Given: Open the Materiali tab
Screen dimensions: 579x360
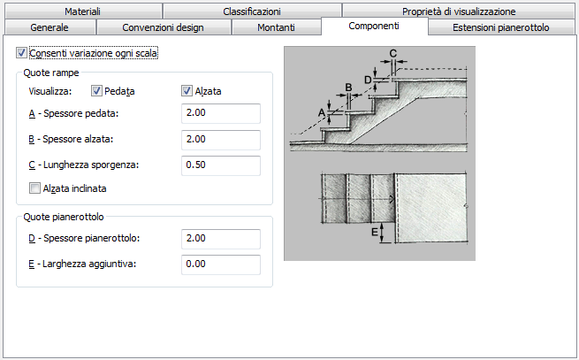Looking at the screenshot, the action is pyautogui.click(x=83, y=11).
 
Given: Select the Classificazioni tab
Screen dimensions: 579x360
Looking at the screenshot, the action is pyautogui.click(x=252, y=11).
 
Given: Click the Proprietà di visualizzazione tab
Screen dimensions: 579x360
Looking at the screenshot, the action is pyautogui.click(x=459, y=11).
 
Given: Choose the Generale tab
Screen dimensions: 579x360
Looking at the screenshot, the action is pyautogui.click(x=50, y=27).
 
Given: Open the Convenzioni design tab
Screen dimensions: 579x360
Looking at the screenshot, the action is pyautogui.click(x=163, y=27).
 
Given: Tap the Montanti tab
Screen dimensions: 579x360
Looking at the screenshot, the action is pyautogui.click(x=276, y=27).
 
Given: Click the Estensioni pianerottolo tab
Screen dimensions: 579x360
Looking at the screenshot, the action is pyautogui.click(x=500, y=27).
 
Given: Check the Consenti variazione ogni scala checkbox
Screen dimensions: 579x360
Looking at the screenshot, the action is pyautogui.click(x=21, y=53).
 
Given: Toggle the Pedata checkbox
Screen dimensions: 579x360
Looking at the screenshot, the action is pyautogui.click(x=96, y=91).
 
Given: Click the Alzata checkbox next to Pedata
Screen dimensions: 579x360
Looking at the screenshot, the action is pyautogui.click(x=187, y=91).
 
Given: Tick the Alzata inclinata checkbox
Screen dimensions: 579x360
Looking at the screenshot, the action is pyautogui.click(x=34, y=188).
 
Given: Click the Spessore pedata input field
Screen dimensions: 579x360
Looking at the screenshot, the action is pyautogui.click(x=221, y=113).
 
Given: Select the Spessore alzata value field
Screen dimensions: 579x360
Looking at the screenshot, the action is pyautogui.click(x=221, y=140).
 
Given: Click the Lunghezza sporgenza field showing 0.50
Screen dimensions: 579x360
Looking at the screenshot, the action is pyautogui.click(x=221, y=165).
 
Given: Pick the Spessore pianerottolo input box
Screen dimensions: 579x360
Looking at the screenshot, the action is pyautogui.click(x=221, y=239).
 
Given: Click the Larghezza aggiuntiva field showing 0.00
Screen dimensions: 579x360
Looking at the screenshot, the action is pyautogui.click(x=221, y=264).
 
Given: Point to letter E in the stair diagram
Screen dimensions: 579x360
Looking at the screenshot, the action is pyautogui.click(x=375, y=232).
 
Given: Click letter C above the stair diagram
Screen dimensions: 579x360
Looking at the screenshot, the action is pyautogui.click(x=392, y=54).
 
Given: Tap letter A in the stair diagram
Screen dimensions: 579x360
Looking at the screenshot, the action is pyautogui.click(x=322, y=112).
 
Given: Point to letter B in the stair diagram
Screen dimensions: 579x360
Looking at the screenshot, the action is pyautogui.click(x=348, y=88).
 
